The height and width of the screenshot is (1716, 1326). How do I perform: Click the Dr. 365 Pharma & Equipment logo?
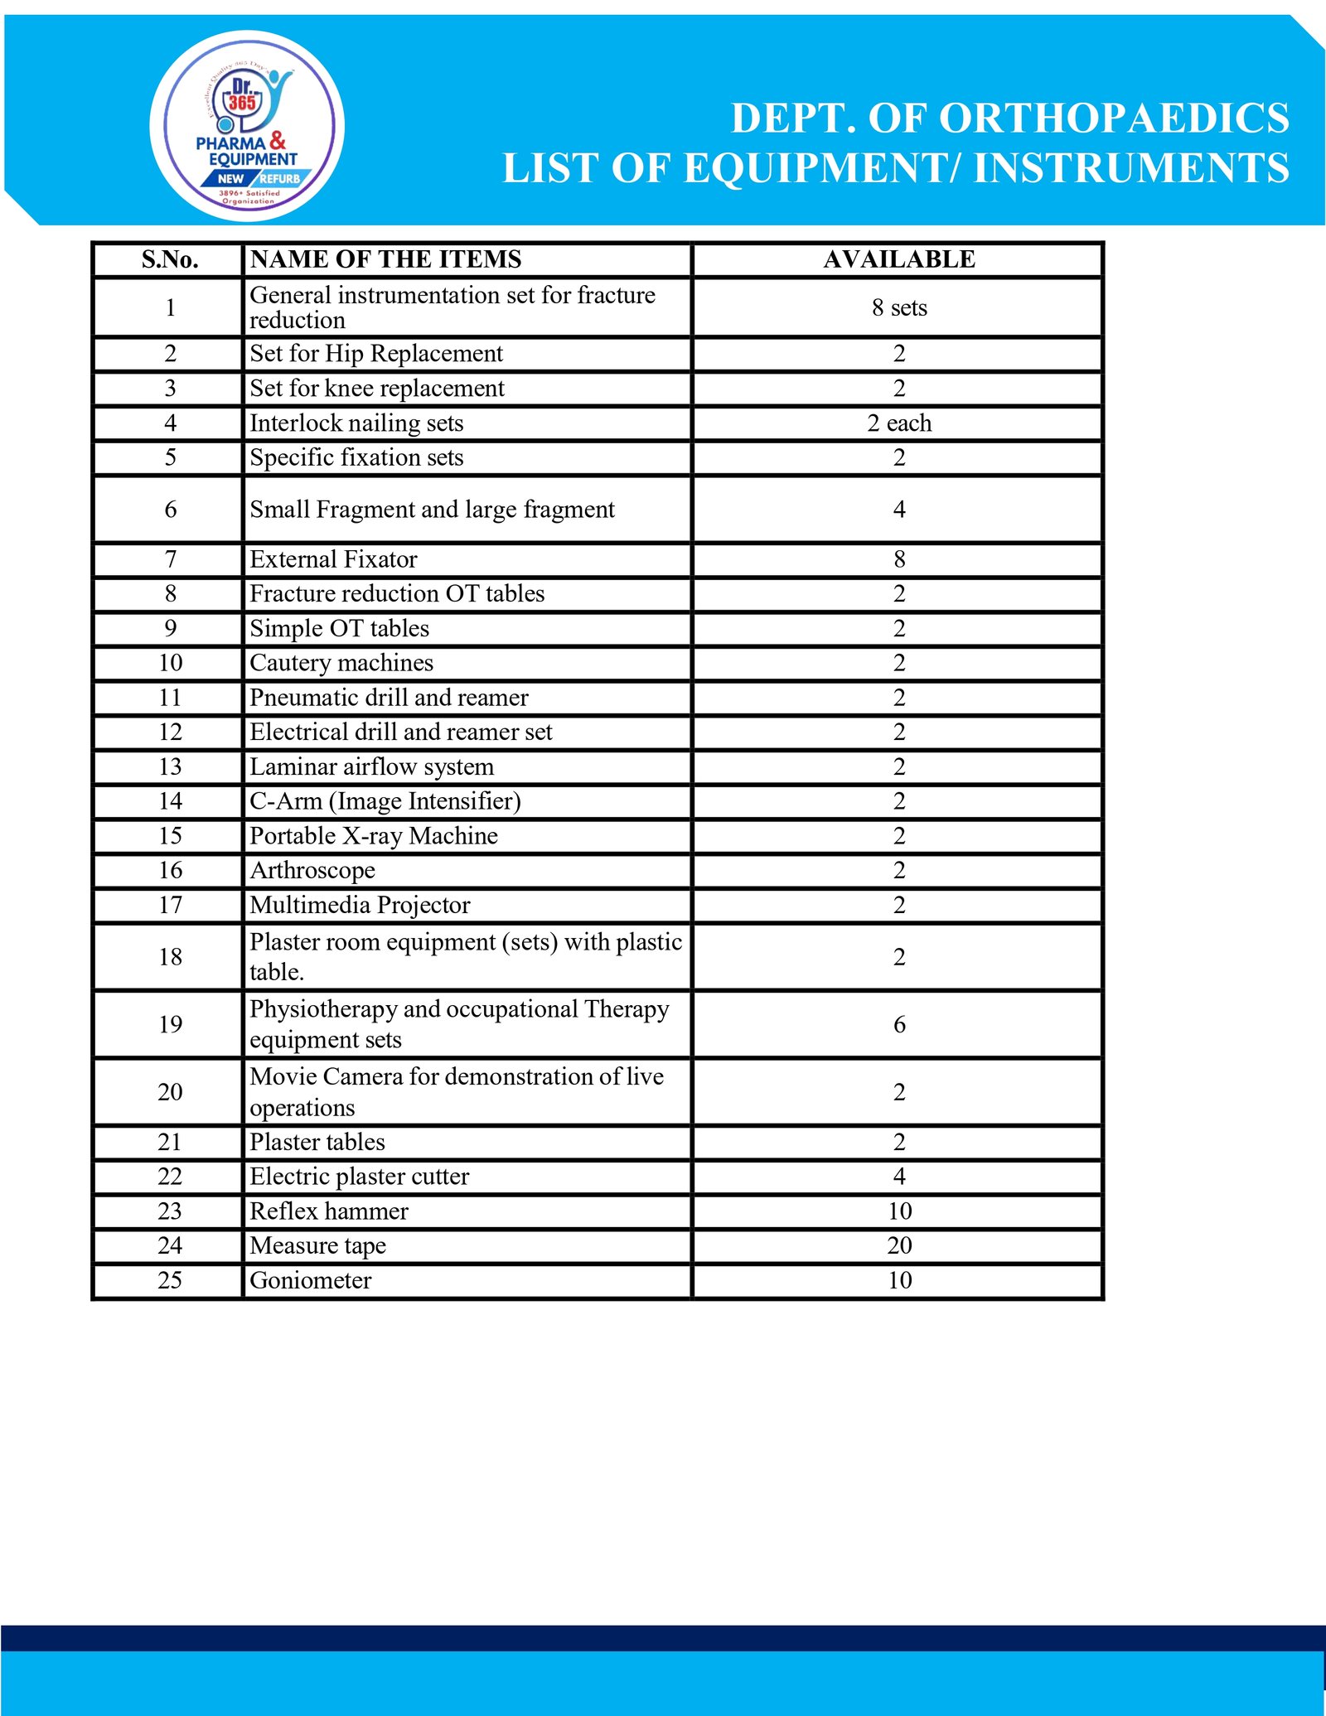[x=247, y=126]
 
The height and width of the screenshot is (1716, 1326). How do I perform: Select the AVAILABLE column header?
[x=899, y=259]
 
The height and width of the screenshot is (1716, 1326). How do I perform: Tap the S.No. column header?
[x=170, y=259]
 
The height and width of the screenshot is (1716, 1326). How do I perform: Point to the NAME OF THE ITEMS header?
[x=386, y=259]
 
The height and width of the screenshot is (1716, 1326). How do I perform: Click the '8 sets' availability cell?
[x=899, y=307]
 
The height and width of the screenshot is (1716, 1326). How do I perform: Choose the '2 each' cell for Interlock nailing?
[x=899, y=423]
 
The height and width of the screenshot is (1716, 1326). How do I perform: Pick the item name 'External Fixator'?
[x=333, y=559]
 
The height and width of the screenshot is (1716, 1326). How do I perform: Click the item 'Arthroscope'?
[x=312, y=870]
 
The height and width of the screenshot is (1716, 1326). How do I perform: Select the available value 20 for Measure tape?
[x=899, y=1245]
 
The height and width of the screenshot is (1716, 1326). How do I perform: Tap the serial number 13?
[x=170, y=766]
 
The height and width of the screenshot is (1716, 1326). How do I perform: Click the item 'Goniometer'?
[x=311, y=1280]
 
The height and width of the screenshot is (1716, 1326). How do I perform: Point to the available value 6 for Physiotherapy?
[x=899, y=1025]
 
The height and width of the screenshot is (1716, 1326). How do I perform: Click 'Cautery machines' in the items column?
[x=341, y=663]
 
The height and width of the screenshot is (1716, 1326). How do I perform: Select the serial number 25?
[x=170, y=1280]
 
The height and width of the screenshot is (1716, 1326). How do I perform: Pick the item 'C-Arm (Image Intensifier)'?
[x=385, y=801]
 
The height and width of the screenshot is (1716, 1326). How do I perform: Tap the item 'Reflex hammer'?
[x=329, y=1211]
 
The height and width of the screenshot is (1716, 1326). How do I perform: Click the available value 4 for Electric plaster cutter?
[x=899, y=1177]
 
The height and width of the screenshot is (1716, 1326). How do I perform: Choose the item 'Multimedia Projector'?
[x=360, y=905]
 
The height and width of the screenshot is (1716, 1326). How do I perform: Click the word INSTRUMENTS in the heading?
[x=1131, y=168]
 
